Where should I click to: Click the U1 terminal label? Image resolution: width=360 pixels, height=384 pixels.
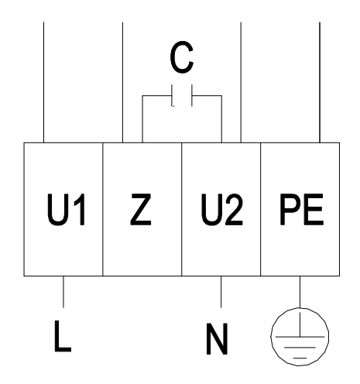66,210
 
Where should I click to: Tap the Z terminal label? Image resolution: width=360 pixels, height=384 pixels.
141,210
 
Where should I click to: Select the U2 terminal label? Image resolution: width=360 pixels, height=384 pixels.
222,210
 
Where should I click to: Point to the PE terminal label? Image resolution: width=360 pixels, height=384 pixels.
302,210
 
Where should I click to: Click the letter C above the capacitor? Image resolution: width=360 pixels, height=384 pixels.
182,57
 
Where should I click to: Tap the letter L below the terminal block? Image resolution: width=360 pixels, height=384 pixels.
63,336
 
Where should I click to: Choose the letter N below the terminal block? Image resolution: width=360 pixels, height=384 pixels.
217,338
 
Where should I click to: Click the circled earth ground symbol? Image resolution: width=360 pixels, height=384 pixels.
300,337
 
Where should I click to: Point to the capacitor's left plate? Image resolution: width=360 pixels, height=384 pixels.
173,95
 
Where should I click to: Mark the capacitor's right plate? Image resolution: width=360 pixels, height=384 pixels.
192,95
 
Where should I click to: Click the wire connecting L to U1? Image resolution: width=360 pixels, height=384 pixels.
63,292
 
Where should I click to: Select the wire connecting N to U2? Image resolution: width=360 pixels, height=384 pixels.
221,292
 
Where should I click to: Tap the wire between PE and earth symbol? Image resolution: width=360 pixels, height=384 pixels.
300,292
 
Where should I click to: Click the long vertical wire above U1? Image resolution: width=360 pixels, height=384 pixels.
43,82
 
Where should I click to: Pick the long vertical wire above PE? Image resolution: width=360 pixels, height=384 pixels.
320,82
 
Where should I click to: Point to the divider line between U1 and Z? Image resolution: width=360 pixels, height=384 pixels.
103,209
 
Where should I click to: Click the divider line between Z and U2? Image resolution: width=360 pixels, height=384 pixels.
182,209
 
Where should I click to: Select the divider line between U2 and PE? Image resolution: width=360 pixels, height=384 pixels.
261,209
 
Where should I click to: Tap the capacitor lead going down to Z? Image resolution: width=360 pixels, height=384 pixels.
142,119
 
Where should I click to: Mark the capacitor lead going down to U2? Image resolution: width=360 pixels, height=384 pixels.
221,119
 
